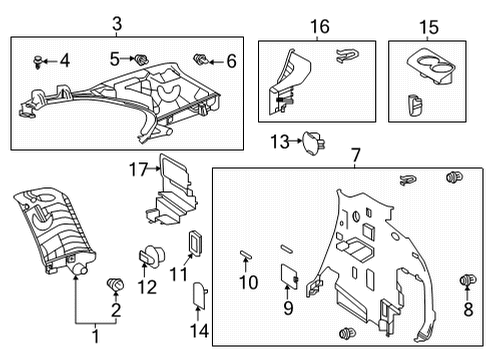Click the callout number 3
[x=116, y=23]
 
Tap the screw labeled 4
[x=39, y=60]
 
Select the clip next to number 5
[x=141, y=61]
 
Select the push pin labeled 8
[x=465, y=280]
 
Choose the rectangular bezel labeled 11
[x=195, y=246]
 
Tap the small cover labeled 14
[x=198, y=295]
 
